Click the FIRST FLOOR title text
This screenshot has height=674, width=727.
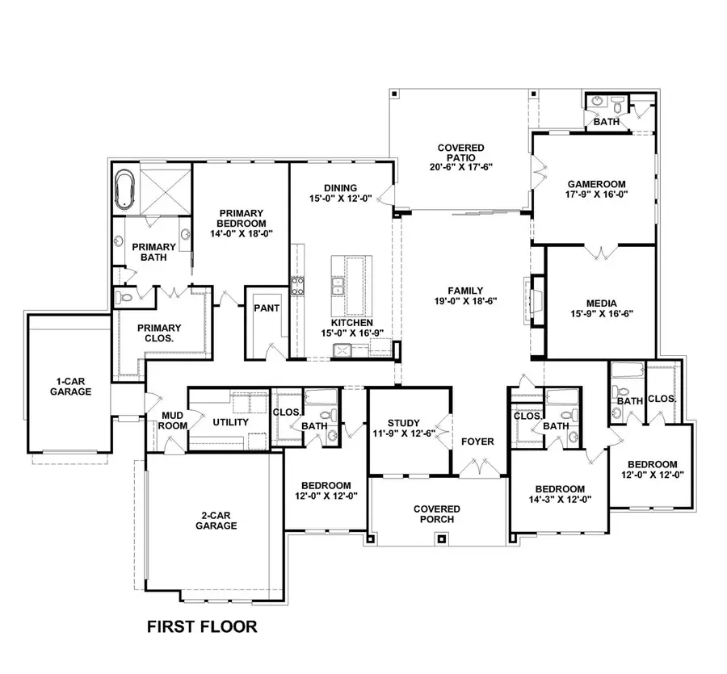[x=201, y=626]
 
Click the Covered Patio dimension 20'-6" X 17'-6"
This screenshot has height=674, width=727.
[x=460, y=166]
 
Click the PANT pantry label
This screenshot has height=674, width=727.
[x=266, y=308]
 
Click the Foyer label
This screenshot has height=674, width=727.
[x=477, y=442]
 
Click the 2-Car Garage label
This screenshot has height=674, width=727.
[x=216, y=520]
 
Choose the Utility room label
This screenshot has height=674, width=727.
[x=230, y=422]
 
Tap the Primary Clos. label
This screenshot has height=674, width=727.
[x=158, y=333]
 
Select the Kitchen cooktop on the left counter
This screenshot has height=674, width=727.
[x=297, y=284]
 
